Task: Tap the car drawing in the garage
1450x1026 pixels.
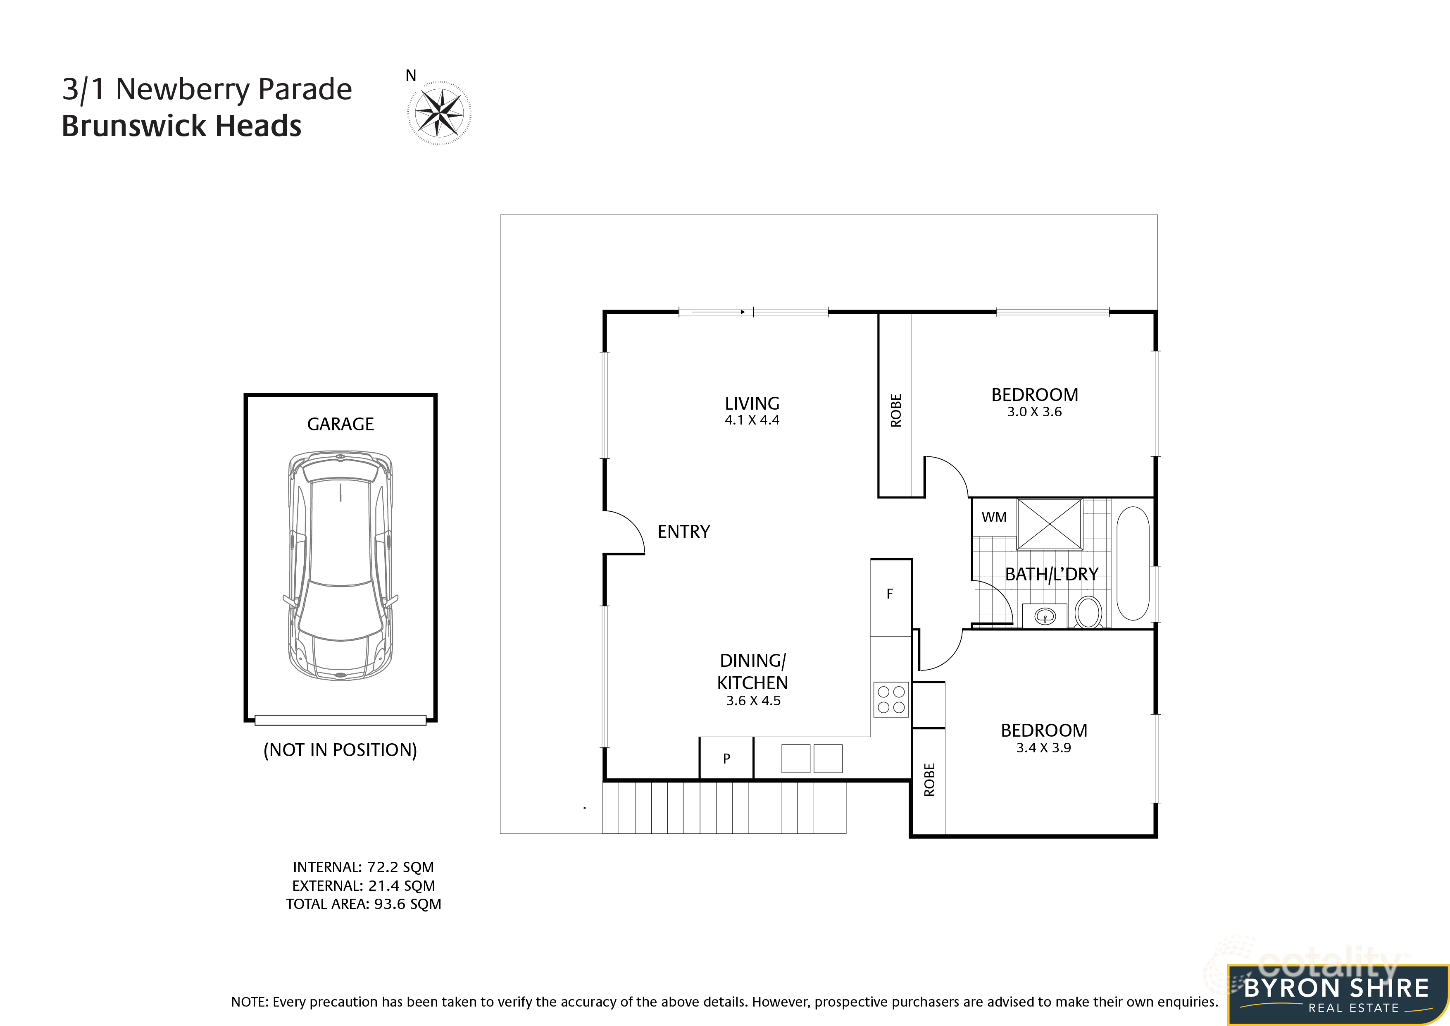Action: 340,565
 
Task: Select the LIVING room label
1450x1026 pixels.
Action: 752,403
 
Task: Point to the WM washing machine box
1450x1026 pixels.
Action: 993,517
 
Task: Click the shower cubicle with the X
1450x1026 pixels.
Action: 1050,524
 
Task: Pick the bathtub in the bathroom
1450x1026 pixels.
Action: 1132,563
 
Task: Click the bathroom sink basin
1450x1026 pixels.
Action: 1045,616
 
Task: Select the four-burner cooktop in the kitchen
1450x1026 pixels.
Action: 891,699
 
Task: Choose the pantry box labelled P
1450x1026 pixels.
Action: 726,758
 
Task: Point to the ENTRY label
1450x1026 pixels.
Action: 683,532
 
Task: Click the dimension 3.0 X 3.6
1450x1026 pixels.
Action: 1034,412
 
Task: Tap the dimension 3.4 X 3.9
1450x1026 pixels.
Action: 1043,748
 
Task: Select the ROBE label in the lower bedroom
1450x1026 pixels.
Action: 929,780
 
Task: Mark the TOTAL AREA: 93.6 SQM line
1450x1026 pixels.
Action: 363,904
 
